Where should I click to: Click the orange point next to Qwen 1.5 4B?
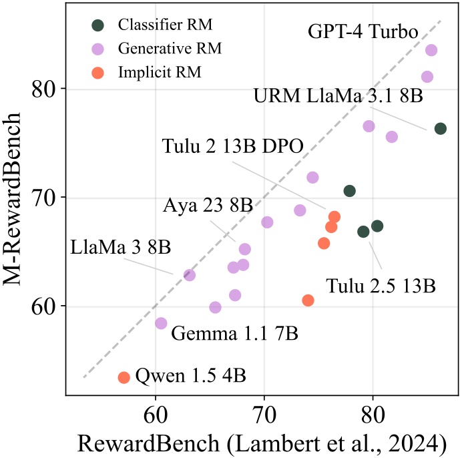[124, 377]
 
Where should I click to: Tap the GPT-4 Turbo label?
[363, 32]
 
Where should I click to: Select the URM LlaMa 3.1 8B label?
[338, 95]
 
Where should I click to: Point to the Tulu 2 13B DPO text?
[233, 146]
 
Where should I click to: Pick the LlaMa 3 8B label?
[121, 246]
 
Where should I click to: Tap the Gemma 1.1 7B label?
[235, 332]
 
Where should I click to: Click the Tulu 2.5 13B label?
[381, 286]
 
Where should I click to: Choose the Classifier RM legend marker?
[98, 25]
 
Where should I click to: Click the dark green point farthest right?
[441, 128]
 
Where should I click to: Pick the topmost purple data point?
[431, 50]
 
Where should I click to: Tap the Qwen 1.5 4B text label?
[191, 375]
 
